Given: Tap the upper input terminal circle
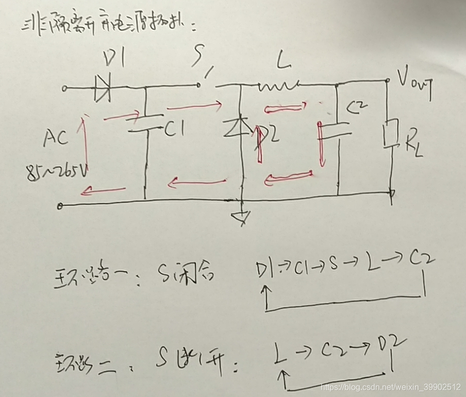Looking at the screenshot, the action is pyautogui.click(x=64, y=89).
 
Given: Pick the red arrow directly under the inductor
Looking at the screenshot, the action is pyautogui.click(x=286, y=108).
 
